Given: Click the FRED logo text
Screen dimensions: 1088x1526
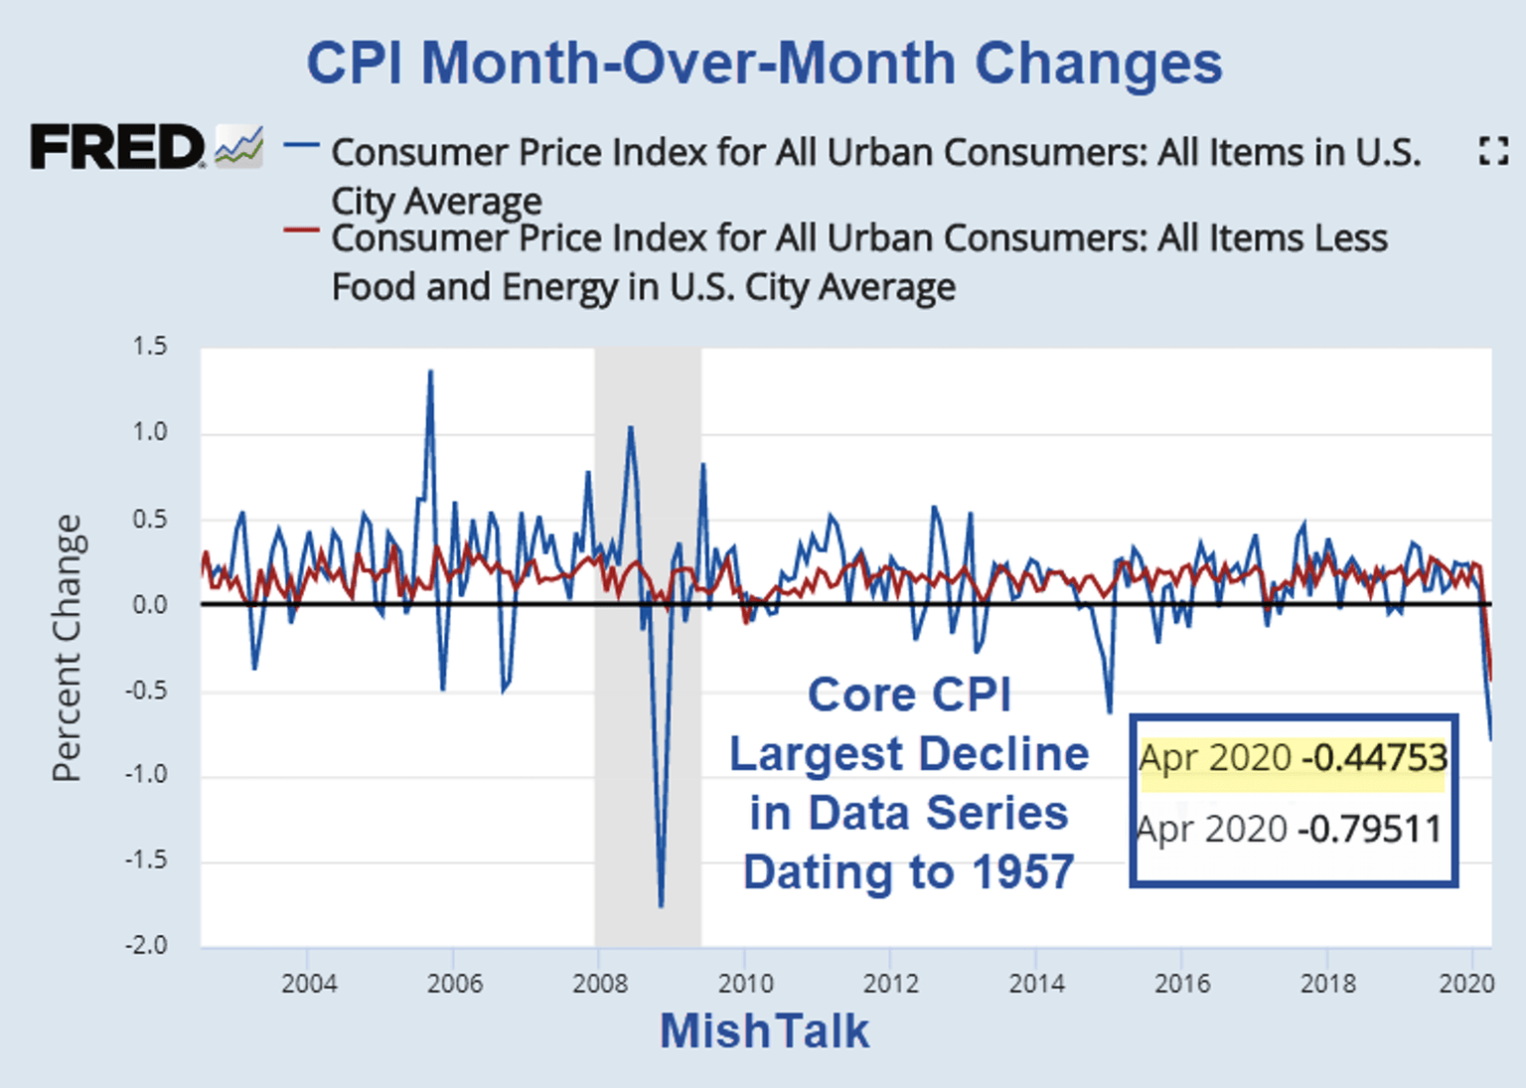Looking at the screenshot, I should [117, 147].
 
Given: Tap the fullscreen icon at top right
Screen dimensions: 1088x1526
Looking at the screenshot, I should [1492, 151].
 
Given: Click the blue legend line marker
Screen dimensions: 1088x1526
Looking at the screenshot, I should [301, 146].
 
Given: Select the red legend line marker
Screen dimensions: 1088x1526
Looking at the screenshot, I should [301, 231].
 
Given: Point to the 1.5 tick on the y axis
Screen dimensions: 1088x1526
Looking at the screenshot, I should [150, 347].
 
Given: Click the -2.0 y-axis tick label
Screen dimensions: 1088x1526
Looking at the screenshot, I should [146, 945].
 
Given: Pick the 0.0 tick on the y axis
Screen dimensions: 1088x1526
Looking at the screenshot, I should [150, 604].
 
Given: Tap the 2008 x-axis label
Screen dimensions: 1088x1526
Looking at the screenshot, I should [600, 984].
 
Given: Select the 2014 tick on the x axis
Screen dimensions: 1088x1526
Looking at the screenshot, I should [1036, 984].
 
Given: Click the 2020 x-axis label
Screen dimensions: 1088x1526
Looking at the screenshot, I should [1466, 984].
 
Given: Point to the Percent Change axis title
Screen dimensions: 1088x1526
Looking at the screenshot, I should [68, 648].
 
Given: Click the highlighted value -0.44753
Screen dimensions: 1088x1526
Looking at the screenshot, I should [1375, 758].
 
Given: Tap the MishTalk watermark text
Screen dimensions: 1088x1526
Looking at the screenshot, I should [764, 1030].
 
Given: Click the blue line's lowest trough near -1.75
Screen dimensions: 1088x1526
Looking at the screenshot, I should [662, 904].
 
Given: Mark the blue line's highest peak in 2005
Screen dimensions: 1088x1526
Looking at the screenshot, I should [430, 373].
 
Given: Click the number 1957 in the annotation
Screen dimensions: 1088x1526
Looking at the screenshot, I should [1023, 872].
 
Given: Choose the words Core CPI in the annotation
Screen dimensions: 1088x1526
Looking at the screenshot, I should [909, 695].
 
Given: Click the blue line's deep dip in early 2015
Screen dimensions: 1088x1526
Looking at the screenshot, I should [1110, 710].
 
